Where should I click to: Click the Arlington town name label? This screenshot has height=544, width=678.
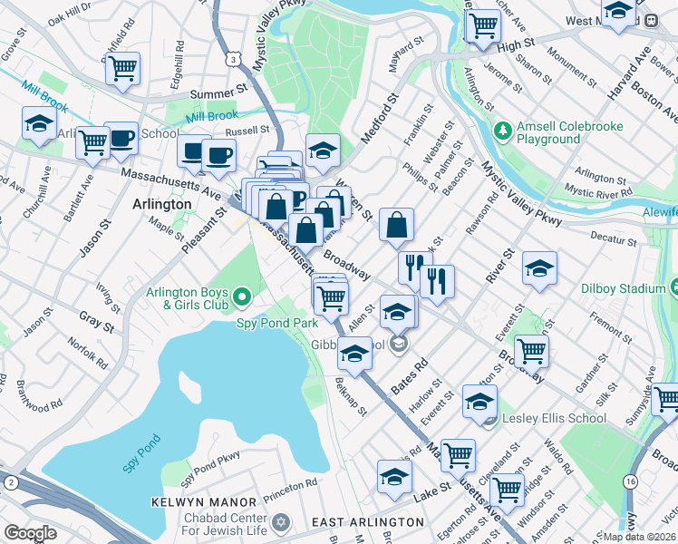point(162,204)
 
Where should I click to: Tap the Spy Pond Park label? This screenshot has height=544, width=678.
point(276,322)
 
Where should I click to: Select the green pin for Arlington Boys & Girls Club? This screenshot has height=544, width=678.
point(241,296)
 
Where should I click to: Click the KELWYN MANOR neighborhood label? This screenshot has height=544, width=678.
point(205,502)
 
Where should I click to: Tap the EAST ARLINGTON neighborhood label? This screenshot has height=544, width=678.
point(367,522)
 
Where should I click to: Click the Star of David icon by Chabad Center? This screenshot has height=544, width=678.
point(280,522)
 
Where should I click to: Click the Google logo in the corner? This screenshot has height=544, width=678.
point(30,533)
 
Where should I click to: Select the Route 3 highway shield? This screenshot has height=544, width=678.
point(234,58)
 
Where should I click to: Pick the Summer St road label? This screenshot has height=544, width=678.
point(218,92)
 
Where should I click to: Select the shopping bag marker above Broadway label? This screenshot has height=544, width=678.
point(397,226)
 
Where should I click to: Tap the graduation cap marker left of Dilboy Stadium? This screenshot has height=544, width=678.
point(539,267)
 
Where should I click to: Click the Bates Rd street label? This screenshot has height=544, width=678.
point(409,374)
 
